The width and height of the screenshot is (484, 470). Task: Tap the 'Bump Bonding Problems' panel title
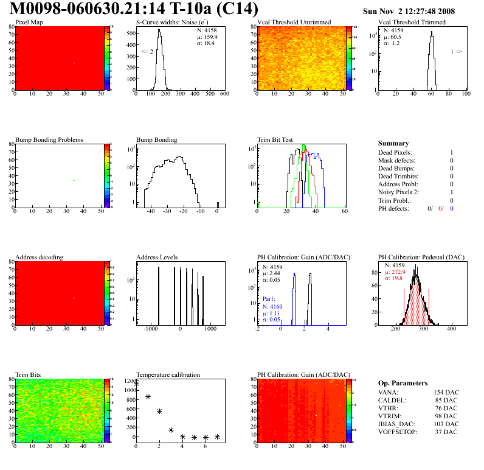coord(49,139)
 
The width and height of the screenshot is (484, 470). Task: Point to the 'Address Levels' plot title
coord(157,257)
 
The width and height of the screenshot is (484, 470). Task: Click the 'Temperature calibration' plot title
coord(168,374)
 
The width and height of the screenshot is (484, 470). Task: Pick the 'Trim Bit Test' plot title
coord(275,139)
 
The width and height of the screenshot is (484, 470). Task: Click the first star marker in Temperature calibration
coord(136,384)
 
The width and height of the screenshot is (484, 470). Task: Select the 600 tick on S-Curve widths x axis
coord(224,94)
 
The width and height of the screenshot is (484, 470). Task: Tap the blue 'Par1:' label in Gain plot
coord(269,300)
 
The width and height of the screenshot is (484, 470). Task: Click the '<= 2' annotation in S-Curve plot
coord(147,52)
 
